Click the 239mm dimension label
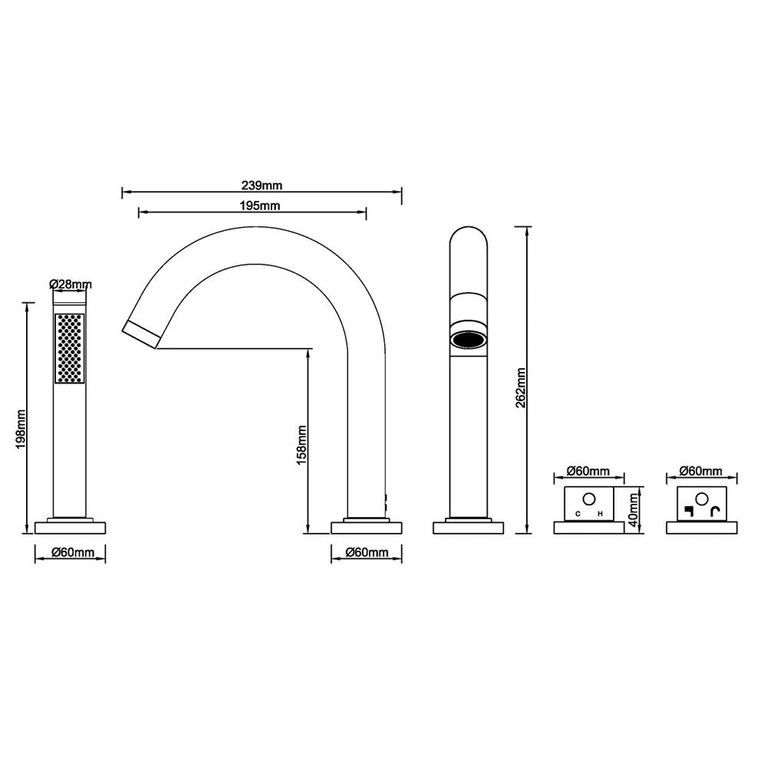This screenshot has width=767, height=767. coord(262,186)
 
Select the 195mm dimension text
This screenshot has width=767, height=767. coord(260,206)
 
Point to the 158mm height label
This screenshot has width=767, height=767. coord(301,445)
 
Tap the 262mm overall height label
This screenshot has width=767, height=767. coord(521,388)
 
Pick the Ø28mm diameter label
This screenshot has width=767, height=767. coord(71,285)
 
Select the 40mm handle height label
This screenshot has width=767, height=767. coord(634,511)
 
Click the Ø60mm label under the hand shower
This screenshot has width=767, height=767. coord(73,553)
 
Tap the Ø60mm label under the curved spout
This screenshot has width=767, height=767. coord(367,553)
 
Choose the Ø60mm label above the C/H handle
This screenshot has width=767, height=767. coord(588,471)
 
